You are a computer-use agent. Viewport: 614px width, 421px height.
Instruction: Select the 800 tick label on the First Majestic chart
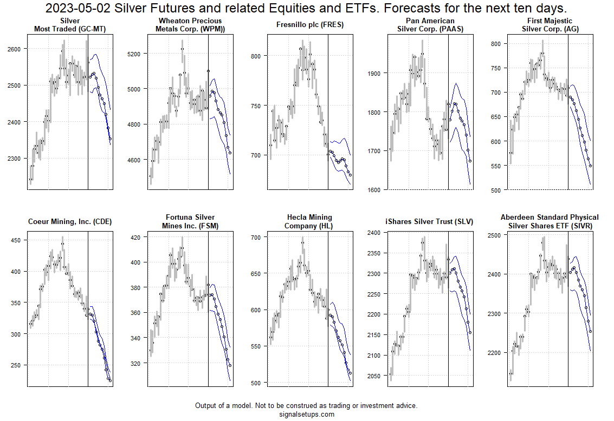point(496,43)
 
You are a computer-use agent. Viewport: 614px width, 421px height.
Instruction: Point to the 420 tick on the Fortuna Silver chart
point(135,237)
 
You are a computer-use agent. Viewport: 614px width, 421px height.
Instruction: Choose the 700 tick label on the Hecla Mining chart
point(255,237)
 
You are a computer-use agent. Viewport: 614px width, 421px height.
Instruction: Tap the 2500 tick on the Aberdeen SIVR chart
point(494,235)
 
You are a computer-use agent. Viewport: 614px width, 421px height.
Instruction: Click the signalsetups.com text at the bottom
point(306,415)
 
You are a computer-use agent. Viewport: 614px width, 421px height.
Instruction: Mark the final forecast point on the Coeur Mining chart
point(111,381)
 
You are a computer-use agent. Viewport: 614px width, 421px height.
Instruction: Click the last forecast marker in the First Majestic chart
point(591,166)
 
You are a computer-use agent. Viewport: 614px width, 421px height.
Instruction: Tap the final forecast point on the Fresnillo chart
point(351,175)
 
